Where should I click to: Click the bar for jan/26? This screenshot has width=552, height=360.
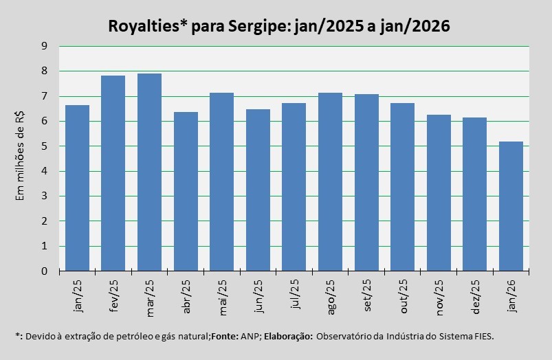[x=511, y=206]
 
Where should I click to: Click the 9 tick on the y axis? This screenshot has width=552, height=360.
[x=44, y=46]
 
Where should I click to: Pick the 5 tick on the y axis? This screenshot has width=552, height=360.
[x=44, y=146]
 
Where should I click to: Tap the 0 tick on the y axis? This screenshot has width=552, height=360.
[x=44, y=271]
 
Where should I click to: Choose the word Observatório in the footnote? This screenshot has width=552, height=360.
[x=346, y=337]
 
